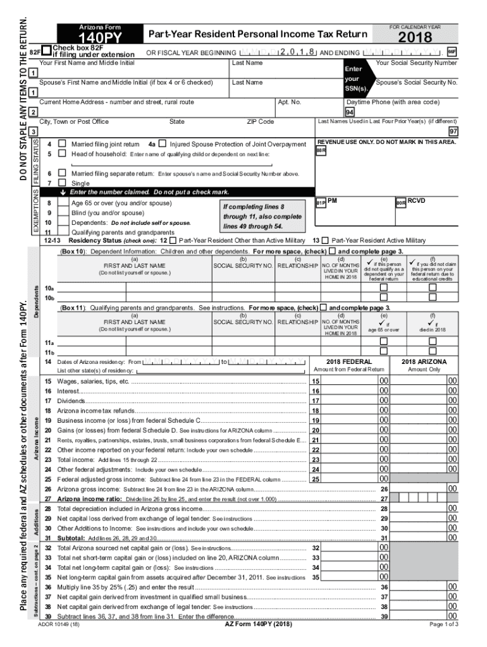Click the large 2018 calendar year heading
point(416,39)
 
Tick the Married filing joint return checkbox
point(62,145)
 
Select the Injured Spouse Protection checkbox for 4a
point(163,145)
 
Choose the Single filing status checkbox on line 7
point(62,182)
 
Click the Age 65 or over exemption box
point(63,203)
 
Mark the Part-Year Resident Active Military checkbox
point(325,241)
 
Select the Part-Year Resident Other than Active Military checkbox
point(173,241)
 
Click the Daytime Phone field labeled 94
point(349,112)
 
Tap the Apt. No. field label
point(289,102)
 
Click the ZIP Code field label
point(260,121)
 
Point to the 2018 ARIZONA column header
point(423,362)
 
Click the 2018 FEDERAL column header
point(348,362)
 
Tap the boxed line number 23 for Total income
point(315,459)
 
